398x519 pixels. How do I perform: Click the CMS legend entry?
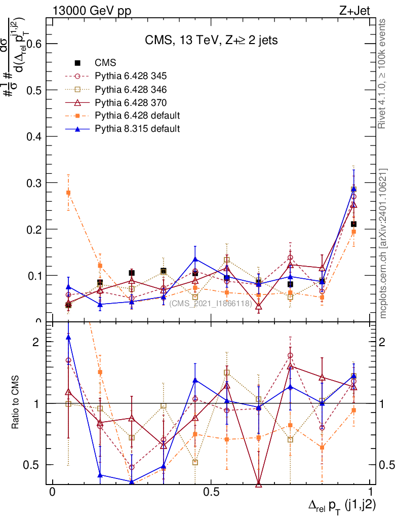point(105,63)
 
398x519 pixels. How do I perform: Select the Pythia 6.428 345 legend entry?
point(131,76)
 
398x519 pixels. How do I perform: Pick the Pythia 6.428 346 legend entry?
point(131,89)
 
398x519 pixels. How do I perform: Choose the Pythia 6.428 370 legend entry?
point(131,102)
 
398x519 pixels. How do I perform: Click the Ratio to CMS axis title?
point(16,403)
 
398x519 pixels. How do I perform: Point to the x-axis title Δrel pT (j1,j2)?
point(342,505)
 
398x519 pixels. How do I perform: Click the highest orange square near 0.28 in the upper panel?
point(68,193)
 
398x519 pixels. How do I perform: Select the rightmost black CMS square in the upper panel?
point(354,224)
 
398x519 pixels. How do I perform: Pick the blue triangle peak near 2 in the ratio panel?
point(68,337)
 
